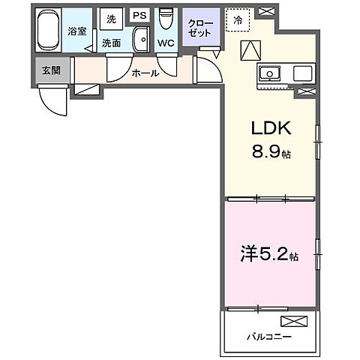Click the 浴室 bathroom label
[x=76, y=32]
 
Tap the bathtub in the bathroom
[x=50, y=31]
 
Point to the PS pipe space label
[x=139, y=15]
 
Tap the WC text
[x=166, y=43]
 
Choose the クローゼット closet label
[x=200, y=28]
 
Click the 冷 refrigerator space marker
[x=238, y=21]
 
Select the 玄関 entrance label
[x=50, y=70]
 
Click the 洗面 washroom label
[x=112, y=43]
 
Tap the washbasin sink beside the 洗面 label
[x=140, y=39]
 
